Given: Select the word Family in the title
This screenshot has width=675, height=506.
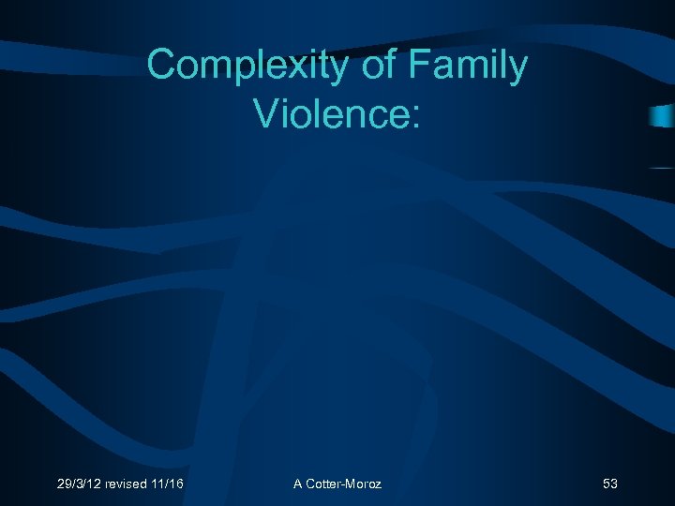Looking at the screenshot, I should tap(470, 67).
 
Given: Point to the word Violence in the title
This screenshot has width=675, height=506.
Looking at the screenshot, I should tap(329, 113).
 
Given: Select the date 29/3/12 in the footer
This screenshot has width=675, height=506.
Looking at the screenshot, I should tap(80, 484).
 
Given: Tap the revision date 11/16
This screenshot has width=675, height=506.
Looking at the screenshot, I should tap(171, 484).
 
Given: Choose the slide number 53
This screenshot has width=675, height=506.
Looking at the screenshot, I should tap(610, 484).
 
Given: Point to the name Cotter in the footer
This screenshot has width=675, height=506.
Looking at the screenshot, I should tap(324, 484).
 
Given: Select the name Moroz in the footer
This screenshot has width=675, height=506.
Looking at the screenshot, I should tap(364, 484).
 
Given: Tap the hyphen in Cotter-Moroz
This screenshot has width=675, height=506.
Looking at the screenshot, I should tap(344, 484).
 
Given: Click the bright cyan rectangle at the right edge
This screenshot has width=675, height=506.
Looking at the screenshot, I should tap(663, 116).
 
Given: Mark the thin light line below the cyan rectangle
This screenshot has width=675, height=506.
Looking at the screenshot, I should tap(662, 167).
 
